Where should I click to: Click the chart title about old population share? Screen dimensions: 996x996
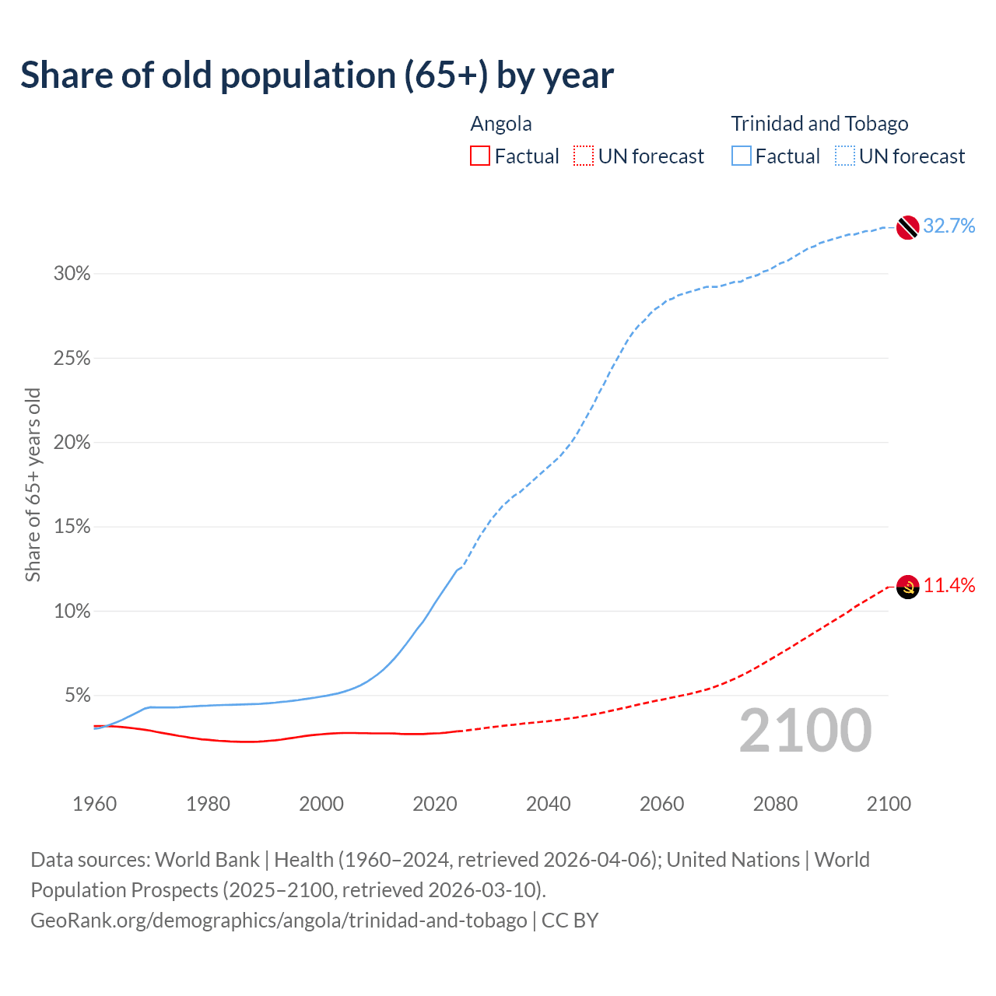tap(317, 75)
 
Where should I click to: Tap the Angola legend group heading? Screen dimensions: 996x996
tap(501, 124)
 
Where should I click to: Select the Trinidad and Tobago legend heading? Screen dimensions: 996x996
tap(819, 124)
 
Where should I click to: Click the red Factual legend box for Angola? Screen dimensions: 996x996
tap(480, 156)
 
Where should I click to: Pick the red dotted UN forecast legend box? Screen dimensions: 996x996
tap(584, 156)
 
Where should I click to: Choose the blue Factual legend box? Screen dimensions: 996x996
tap(742, 156)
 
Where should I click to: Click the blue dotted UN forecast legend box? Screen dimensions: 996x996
tap(845, 156)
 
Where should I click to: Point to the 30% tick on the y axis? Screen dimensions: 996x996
tap(72, 274)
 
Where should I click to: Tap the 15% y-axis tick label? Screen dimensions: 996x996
tap(72, 527)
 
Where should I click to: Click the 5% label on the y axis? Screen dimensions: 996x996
tap(77, 695)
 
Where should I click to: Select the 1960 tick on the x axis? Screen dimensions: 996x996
tap(94, 804)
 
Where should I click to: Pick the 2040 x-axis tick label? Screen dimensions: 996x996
tap(549, 804)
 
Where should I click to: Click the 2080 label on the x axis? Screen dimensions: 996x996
tap(775, 804)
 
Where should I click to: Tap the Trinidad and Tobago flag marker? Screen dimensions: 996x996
tap(907, 227)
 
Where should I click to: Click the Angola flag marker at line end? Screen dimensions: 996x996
tap(907, 587)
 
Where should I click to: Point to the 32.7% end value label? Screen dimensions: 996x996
tap(949, 226)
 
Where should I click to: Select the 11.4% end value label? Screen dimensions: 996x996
tap(949, 586)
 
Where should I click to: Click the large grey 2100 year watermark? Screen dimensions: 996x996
tap(805, 731)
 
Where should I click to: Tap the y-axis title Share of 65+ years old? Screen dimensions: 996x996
tap(33, 485)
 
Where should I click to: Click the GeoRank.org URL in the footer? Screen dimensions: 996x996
tap(279, 921)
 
